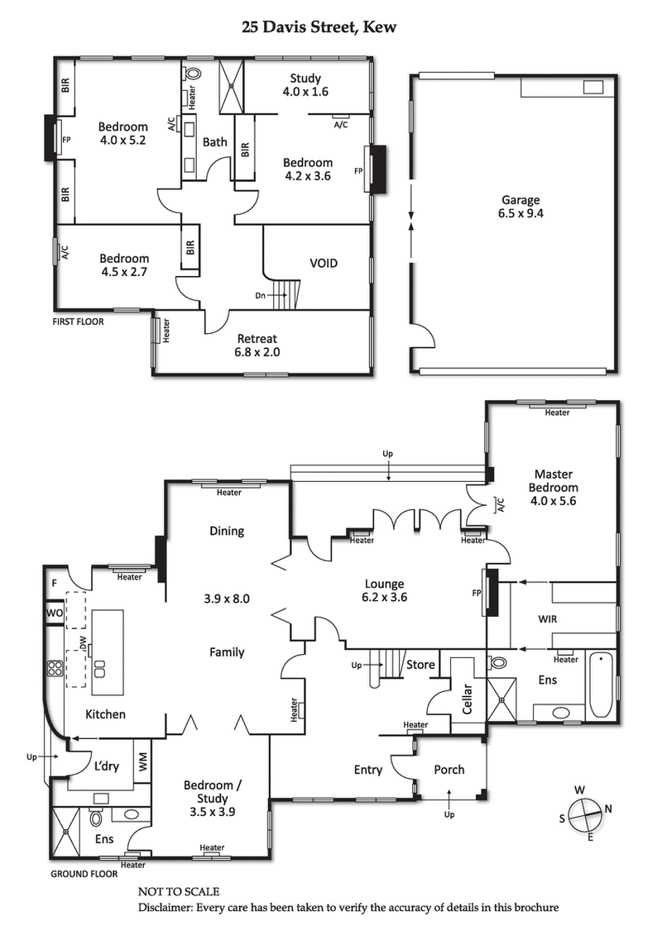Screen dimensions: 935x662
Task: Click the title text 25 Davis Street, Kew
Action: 319,27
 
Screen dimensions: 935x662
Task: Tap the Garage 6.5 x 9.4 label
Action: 520,206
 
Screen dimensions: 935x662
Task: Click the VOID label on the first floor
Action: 324,264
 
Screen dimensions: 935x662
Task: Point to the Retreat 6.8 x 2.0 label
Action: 257,345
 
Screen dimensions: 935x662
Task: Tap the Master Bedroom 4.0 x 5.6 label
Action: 553,487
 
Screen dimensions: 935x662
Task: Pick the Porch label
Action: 449,770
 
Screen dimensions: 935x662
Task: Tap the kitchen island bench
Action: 108,642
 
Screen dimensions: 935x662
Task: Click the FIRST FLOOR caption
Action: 79,322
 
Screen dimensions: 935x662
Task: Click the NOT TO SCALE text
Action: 178,892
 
